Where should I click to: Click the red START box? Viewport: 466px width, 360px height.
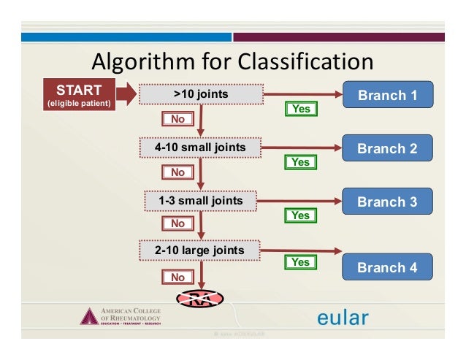pyautogui.click(x=79, y=94)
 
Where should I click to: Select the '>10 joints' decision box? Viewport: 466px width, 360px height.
pyautogui.click(x=200, y=95)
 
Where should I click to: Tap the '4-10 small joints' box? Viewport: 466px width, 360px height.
pyautogui.click(x=200, y=148)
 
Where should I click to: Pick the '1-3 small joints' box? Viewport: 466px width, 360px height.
pyautogui.click(x=200, y=200)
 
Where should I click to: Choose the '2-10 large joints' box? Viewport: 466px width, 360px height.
pyautogui.click(x=200, y=251)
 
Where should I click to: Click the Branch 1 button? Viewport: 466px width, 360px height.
pyautogui.click(x=387, y=95)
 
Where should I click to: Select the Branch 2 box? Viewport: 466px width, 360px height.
pyautogui.click(x=387, y=148)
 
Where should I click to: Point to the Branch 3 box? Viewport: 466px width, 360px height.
pyautogui.click(x=387, y=202)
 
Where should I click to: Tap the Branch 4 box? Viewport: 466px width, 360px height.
pyautogui.click(x=387, y=267)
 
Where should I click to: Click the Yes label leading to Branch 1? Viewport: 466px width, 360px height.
pyautogui.click(x=300, y=109)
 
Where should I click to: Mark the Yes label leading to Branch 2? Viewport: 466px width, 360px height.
pyautogui.click(x=300, y=162)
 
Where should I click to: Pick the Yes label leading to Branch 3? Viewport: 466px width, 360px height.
pyautogui.click(x=300, y=215)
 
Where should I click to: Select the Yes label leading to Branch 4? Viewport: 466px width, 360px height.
pyautogui.click(x=300, y=261)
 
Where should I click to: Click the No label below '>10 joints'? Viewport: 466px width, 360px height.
pyautogui.click(x=177, y=118)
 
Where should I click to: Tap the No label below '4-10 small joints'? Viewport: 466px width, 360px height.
pyautogui.click(x=177, y=172)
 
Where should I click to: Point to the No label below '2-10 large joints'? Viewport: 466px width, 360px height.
pyautogui.click(x=177, y=277)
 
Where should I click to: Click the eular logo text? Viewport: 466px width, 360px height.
pyautogui.click(x=343, y=318)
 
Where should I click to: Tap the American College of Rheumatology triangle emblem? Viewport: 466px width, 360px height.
pyautogui.click(x=89, y=317)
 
